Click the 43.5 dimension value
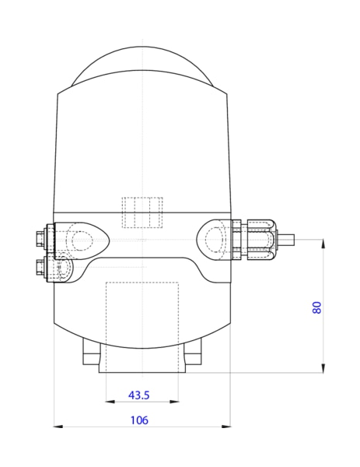tap(138, 395)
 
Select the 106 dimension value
tap(139, 420)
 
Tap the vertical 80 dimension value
tap(317, 307)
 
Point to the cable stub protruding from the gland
tap(285, 239)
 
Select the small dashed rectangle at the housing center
tap(142, 212)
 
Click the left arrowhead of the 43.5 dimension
tap(110, 402)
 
